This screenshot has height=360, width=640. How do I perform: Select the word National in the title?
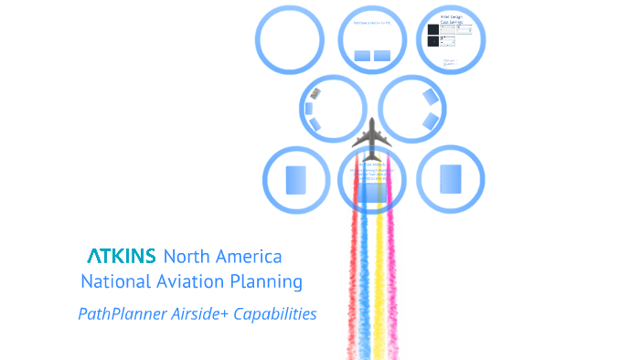[117, 281]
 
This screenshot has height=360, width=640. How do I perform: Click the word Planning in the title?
[267, 281]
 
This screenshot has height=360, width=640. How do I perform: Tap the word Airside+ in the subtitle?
[200, 313]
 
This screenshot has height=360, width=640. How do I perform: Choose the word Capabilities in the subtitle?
[275, 313]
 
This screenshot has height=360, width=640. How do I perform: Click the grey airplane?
[371, 139]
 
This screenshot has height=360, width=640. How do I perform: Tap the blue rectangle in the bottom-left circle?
[295, 180]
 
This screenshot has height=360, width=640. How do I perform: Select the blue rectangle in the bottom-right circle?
[450, 179]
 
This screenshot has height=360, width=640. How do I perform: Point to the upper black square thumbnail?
[433, 29]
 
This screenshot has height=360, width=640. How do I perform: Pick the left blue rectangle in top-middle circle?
[362, 56]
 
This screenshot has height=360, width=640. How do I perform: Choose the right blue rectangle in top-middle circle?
[382, 56]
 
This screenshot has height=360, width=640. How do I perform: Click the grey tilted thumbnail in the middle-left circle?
[315, 92]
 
